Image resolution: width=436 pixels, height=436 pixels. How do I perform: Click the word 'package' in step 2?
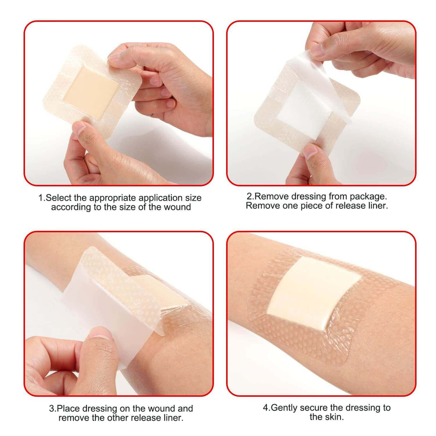click(x=368, y=196)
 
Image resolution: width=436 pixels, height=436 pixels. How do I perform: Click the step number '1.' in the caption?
click(x=42, y=198)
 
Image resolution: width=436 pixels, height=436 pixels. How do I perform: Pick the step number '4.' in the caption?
click(x=266, y=408)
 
